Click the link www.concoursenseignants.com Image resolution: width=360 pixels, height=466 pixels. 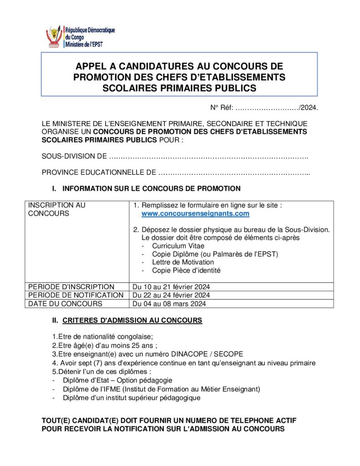[x=195, y=213]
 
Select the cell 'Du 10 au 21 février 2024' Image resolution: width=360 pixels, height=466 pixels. [x=171, y=287]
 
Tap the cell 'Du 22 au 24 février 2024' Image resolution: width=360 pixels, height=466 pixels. [x=171, y=295]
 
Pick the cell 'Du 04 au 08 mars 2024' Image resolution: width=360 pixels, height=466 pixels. [x=169, y=304]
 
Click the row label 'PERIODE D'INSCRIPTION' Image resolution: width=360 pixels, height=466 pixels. [x=71, y=287]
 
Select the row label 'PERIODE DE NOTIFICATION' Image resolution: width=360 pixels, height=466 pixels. [x=76, y=295]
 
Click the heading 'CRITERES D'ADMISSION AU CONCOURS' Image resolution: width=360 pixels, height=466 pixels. [x=132, y=320]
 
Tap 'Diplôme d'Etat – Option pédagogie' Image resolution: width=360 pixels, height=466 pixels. [x=117, y=380]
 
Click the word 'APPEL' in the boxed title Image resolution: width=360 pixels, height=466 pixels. [x=91, y=67]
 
